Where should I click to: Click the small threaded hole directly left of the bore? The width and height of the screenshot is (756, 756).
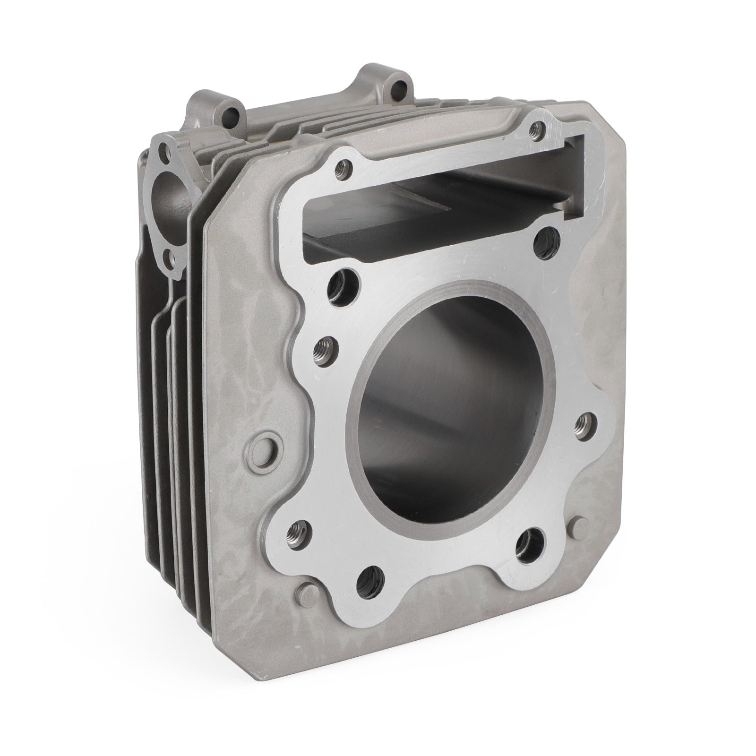point(325,349)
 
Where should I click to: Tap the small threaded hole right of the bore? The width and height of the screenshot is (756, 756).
point(584,424)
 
